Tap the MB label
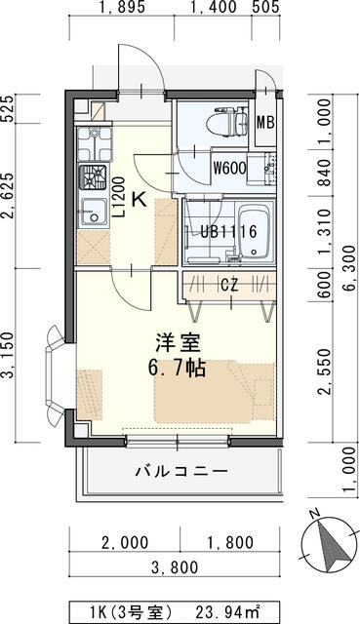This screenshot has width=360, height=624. tap(264, 124)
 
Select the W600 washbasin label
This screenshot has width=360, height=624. tap(230, 166)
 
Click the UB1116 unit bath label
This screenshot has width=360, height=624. tap(228, 232)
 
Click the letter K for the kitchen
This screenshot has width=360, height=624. tap(139, 202)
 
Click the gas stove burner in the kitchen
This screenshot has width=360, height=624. tap(95, 177)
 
